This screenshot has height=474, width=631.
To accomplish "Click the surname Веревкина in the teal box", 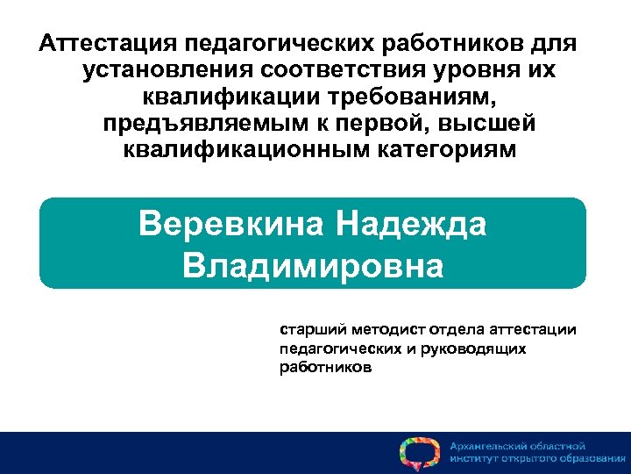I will coord(230,224).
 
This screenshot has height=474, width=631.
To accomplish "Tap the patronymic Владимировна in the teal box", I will coord(313,264).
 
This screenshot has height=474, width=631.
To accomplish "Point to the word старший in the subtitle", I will coord(311,331).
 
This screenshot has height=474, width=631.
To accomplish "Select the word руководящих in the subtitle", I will coord(477,349).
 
